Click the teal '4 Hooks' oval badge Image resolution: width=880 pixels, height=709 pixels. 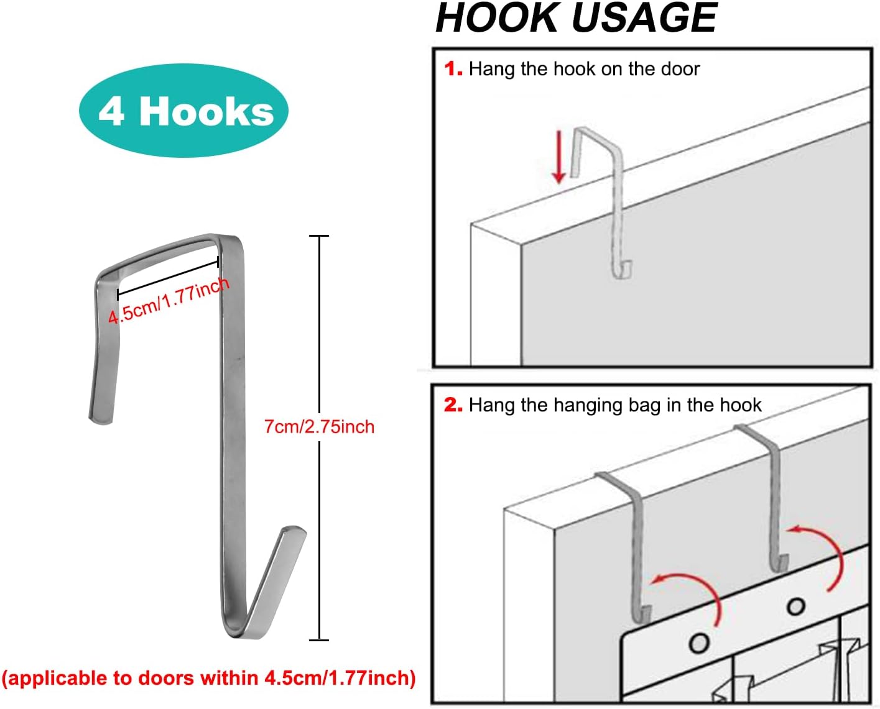183,111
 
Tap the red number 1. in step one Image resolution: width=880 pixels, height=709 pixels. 453,68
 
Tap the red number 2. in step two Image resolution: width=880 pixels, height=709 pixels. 453,405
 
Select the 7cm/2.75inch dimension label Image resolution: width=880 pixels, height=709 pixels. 319,427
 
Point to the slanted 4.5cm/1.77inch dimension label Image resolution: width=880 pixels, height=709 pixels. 169,301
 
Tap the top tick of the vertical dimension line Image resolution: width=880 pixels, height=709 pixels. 319,236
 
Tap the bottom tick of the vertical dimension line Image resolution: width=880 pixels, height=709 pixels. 319,639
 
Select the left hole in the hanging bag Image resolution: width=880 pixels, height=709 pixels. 699,643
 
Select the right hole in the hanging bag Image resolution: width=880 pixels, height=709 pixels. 795,606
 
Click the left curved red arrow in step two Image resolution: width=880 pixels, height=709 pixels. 690,590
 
